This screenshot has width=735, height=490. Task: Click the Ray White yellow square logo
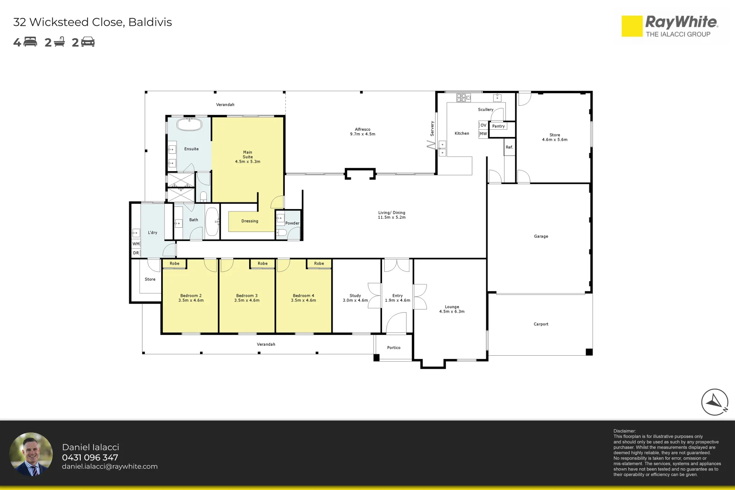coord(632,26)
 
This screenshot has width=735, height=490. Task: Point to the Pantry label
coord(499,126)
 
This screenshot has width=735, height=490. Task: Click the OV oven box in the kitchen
coord(483,125)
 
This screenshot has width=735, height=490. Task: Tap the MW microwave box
coord(483,134)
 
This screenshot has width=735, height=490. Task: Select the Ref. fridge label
coord(509,147)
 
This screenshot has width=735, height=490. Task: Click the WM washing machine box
coord(136,244)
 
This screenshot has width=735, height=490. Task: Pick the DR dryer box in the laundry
coord(136,253)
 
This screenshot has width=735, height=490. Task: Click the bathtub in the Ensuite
coord(189,125)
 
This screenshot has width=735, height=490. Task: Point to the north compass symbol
coord(715,402)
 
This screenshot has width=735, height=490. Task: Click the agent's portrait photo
coord(31,454)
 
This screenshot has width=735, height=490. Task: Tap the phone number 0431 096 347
coord(90,457)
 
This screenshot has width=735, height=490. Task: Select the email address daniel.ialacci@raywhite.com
coord(110,466)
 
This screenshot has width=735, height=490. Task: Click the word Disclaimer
coord(624,431)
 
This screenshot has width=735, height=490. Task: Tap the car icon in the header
coord(88,42)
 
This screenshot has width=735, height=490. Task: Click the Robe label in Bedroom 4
coord(319,263)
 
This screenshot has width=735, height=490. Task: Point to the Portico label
coord(394,348)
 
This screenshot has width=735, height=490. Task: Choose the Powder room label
coord(292,223)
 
